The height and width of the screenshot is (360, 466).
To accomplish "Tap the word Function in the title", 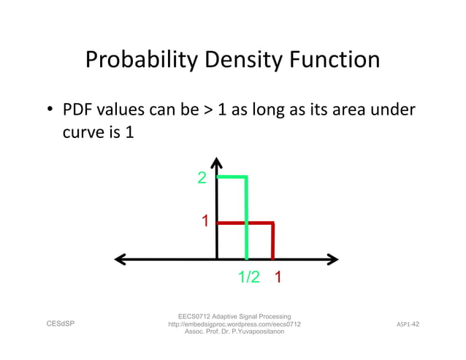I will click(x=337, y=60).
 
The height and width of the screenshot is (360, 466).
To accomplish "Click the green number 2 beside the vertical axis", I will click(x=202, y=178).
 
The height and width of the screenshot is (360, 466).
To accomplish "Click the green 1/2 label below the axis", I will click(x=249, y=277).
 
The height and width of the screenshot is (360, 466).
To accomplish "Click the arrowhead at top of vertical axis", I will click(x=217, y=162).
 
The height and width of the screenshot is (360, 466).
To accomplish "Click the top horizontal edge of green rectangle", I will click(x=232, y=177).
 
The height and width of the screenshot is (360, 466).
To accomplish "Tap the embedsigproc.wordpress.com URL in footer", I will click(x=234, y=323).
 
